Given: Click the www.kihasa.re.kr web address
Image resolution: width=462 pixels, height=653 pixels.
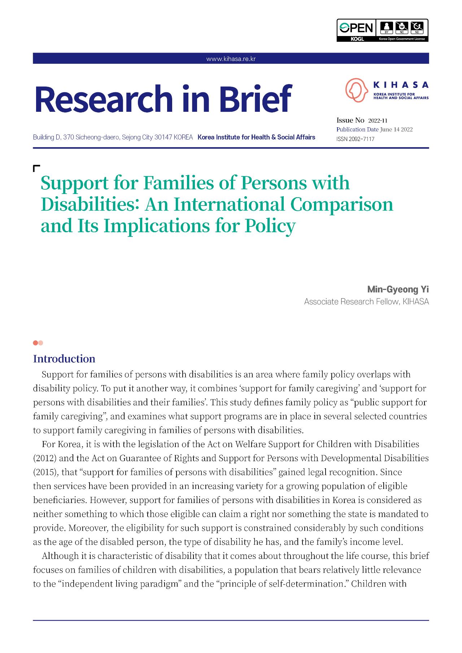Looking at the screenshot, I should pos(231,59).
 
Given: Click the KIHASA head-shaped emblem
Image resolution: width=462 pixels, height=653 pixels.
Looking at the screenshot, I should pos(356,90).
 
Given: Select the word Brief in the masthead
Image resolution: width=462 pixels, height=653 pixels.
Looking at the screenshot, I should pos(255,99).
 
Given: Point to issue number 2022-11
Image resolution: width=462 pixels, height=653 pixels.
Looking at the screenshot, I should pos(378,121).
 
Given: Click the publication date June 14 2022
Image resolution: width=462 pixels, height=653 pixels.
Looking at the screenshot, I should pos(396,130).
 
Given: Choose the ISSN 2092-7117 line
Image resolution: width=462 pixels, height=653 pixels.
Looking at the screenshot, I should pos(355,139).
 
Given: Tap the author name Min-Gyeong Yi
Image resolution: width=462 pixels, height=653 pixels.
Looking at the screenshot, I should pos(398,290).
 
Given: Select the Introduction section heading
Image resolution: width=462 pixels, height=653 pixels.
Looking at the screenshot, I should pos(64,359).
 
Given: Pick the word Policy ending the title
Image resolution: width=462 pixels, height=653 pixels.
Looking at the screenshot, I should pos(270,226).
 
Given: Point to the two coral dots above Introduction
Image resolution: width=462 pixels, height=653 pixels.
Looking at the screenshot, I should pos(38,343).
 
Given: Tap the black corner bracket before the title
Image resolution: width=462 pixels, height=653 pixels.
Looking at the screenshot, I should pos(36,168).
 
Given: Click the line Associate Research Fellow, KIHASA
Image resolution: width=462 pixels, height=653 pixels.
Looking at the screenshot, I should pos(366,302).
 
